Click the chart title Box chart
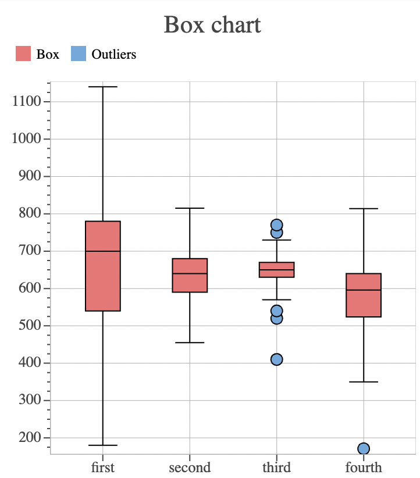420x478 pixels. pos(212,25)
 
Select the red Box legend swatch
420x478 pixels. pos(23,54)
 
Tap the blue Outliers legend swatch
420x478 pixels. pos(79,54)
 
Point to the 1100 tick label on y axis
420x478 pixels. pos(26,102)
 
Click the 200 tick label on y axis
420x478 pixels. pos(30,437)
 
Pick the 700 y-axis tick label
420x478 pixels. pos(30,251)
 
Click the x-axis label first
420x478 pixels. pos(103,468)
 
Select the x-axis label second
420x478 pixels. pos(190,468)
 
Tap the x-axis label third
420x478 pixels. pos(276,468)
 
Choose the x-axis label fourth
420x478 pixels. pos(364,468)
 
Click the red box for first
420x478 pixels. pos(103,266)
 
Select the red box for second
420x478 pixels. pos(190,275)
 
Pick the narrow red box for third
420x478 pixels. pos(276,270)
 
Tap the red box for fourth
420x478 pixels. pos(364,295)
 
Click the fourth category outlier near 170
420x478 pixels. pos(364,448)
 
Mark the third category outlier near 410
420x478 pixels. pos(276,359)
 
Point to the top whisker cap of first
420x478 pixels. pos(103,87)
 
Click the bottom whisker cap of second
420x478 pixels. pos(190,343)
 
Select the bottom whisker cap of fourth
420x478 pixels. pos(364,381)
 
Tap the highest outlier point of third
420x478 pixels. pos(276,224)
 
